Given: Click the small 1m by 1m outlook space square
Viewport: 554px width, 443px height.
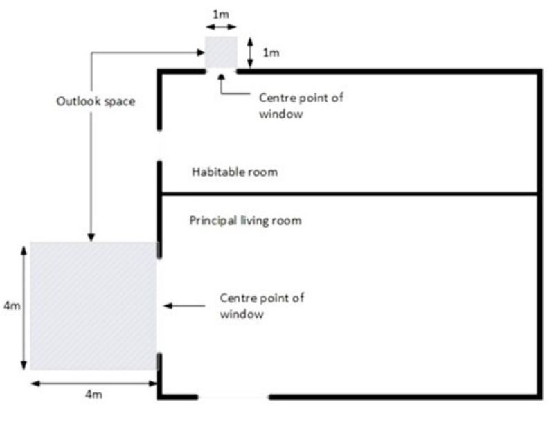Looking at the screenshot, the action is coord(221,52).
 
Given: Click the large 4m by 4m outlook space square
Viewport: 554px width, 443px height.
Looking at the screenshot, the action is coord(93,306).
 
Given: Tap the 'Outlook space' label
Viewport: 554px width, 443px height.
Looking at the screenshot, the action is coord(96,101).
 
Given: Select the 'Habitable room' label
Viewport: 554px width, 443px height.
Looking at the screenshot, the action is coord(235,172).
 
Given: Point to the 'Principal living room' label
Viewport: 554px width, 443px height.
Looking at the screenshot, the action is coord(246,220).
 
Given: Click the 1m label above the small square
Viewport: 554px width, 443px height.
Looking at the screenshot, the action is coord(221,15).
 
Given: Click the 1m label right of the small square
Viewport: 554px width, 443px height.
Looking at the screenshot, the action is coord(271,53).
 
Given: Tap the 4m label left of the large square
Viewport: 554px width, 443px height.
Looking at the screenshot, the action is coord(12,305).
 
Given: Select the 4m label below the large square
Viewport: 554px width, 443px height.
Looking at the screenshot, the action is coord(93,395).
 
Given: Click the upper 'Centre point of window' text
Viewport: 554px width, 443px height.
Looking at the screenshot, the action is coord(301,106).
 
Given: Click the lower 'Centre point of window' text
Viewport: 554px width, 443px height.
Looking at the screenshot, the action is coord(262,306).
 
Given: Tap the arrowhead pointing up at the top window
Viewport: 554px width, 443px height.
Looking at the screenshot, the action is coord(222,78).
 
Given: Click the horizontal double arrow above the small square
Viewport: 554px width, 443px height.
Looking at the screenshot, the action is coord(221,27).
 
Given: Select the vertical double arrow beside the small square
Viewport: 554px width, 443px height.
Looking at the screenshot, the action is coord(250,53).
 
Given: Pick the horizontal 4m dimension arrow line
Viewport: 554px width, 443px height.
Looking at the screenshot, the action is coord(94,383).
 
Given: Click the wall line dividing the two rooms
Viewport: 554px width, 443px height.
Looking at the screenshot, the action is coord(350,194).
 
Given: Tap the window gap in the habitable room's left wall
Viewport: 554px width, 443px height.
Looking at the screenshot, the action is coord(160,145).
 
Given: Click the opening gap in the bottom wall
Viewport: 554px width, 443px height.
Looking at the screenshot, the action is coord(233,397).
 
